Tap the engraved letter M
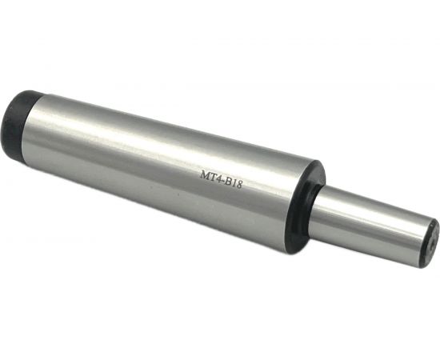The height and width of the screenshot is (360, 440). (x=205, y=175)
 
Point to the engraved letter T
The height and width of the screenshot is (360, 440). (x=213, y=178)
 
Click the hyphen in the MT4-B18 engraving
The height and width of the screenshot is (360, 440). (x=223, y=182)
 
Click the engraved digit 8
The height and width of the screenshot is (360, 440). (x=238, y=186)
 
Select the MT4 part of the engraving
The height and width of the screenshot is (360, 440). (x=211, y=178)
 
